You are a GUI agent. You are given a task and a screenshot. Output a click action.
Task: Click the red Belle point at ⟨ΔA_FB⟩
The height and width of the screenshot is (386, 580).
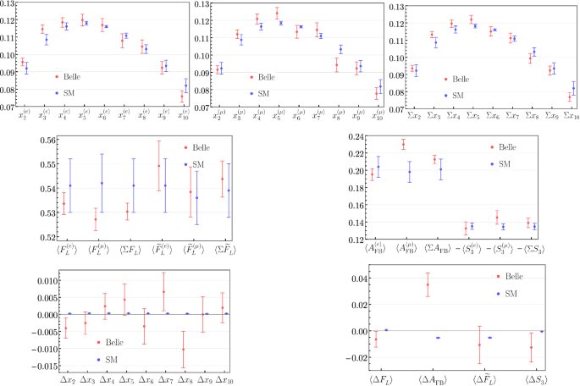pyautogui.click(x=428, y=284)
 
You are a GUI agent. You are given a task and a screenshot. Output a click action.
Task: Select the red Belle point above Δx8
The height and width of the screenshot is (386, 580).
pyautogui.click(x=182, y=349)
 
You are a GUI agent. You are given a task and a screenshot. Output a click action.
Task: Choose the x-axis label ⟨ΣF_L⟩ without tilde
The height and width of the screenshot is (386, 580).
pyautogui.click(x=131, y=251)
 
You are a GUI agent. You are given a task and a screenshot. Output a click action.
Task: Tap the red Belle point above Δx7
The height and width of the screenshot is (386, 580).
pyautogui.click(x=163, y=292)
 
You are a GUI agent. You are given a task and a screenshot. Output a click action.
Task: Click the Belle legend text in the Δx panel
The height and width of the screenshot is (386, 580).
pyautogui.click(x=117, y=342)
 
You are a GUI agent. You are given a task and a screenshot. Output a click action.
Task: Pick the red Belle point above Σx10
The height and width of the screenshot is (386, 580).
pyautogui.click(x=570, y=97)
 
